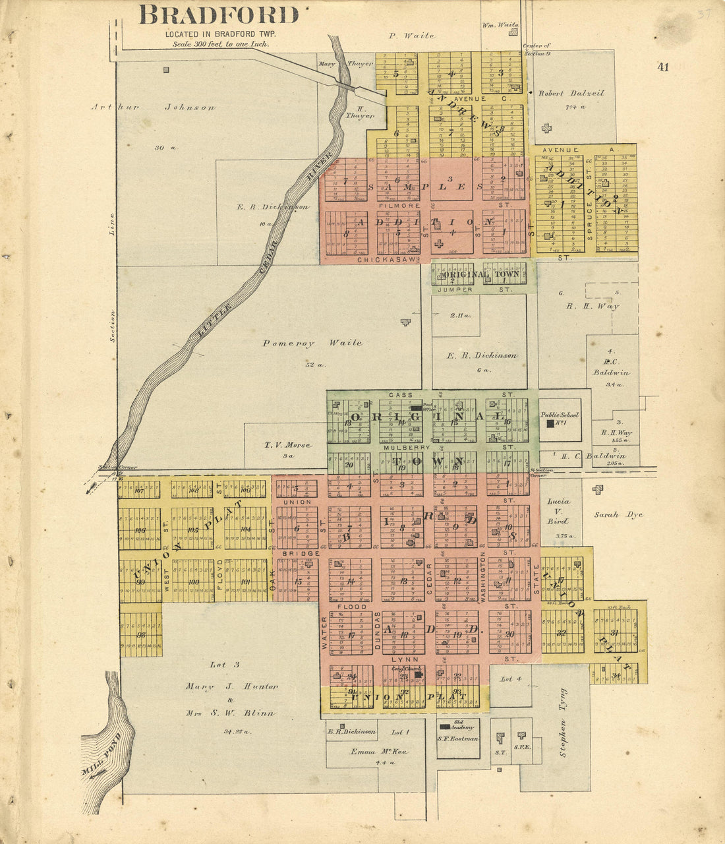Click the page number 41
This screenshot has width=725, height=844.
coord(662,67)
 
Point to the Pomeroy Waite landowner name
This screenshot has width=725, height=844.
coord(312,343)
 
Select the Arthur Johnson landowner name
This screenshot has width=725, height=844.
coord(153,107)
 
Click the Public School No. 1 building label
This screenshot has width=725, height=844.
coord(560,415)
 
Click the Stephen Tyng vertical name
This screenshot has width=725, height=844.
coord(563,722)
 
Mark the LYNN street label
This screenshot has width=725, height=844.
coord(402,659)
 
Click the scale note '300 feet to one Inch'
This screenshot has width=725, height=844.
coord(220,44)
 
